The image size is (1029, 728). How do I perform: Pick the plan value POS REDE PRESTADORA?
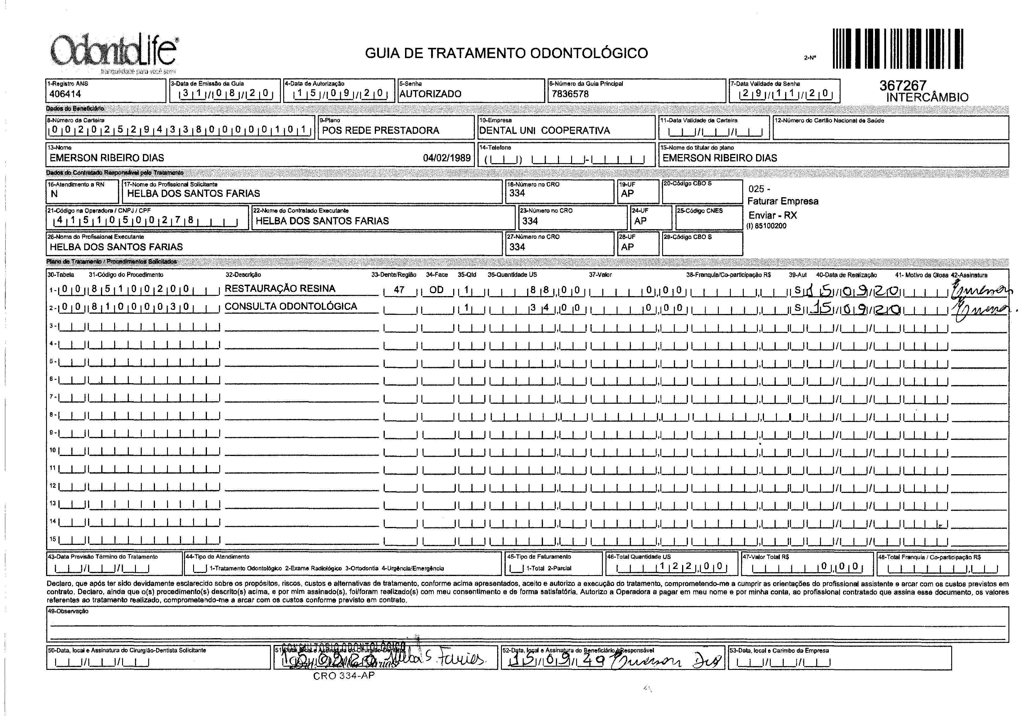click(381, 131)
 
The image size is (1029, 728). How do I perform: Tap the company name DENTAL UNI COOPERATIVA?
click(544, 131)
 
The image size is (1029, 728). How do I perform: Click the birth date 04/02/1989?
click(447, 158)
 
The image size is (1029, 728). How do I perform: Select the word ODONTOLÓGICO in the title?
click(589, 53)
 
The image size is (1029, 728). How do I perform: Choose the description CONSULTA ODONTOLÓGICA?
click(291, 307)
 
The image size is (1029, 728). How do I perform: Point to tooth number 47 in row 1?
click(399, 290)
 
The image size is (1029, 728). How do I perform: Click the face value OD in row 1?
click(436, 290)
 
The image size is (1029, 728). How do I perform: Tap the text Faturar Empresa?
click(783, 201)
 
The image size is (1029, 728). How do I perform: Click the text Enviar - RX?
click(772, 215)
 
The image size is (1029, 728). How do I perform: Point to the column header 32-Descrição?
click(243, 275)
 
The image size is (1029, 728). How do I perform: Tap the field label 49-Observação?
click(68, 611)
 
